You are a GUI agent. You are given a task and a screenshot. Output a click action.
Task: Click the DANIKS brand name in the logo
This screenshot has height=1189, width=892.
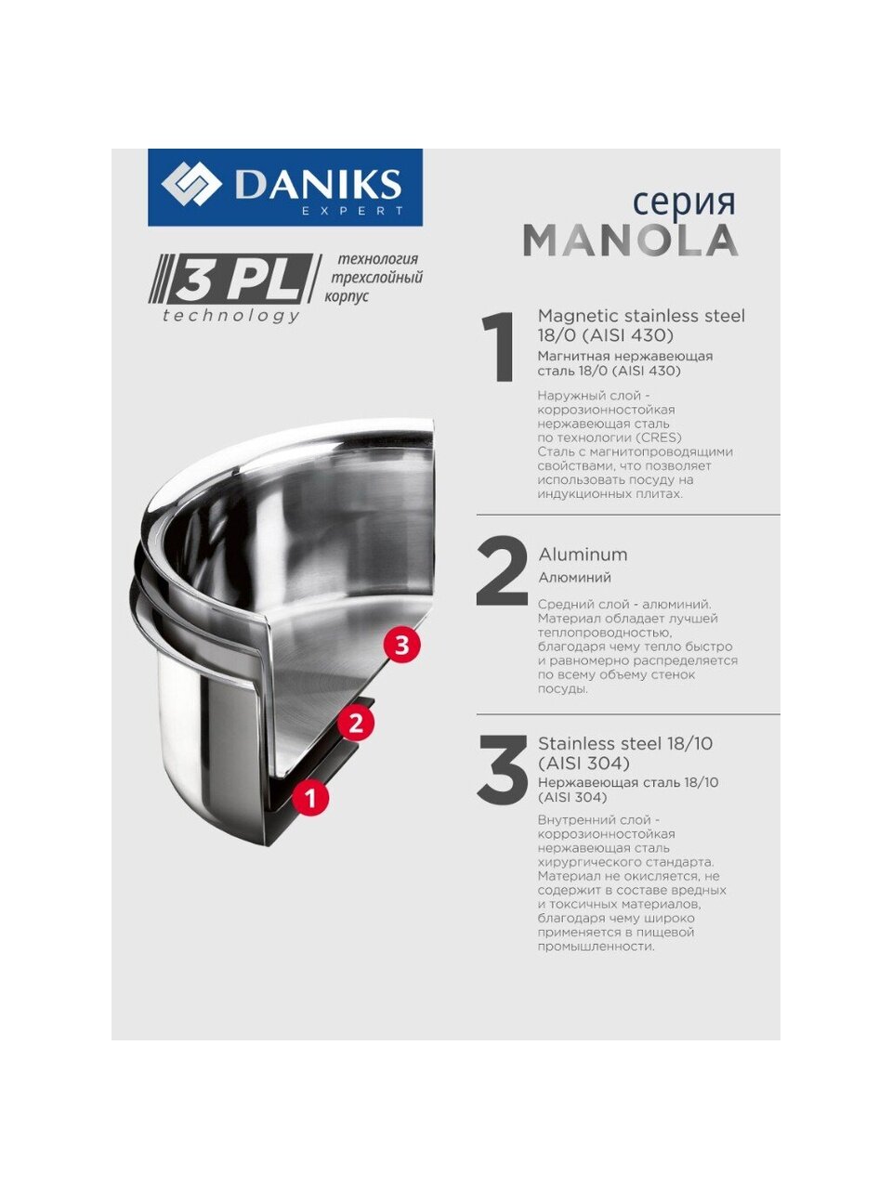click(x=319, y=184)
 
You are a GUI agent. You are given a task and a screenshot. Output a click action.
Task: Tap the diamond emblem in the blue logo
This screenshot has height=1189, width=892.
click(x=191, y=187)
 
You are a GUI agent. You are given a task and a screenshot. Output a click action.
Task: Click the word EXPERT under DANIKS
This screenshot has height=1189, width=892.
click(x=352, y=211)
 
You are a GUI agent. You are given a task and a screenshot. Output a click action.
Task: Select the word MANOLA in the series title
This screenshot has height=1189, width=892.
click(x=631, y=241)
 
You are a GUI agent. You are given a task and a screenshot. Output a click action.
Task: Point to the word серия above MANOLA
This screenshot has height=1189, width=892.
click(x=684, y=204)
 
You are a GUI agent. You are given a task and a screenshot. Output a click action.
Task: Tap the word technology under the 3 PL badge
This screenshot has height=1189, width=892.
click(x=231, y=315)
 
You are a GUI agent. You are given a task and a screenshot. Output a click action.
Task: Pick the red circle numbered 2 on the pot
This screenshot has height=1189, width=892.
click(x=355, y=723)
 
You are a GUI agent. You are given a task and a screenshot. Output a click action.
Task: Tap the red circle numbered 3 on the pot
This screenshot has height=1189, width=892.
click(x=401, y=646)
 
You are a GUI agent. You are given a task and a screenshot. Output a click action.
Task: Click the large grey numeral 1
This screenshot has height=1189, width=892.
click(x=498, y=346)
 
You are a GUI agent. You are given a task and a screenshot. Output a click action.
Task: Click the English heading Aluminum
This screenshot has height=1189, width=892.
click(x=583, y=555)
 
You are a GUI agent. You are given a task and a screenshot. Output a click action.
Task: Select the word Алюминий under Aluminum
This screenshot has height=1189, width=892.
click(x=574, y=578)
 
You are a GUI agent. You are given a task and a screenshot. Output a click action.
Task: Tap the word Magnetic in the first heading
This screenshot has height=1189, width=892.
click(x=579, y=317)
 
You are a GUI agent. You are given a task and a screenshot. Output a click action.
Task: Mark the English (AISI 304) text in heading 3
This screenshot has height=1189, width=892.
click(x=584, y=763)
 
